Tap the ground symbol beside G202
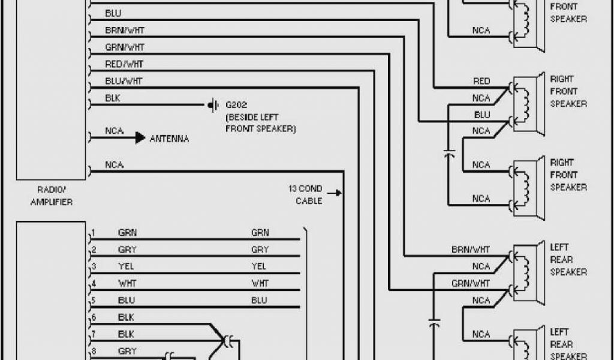pos(212,105)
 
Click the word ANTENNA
pos(169,139)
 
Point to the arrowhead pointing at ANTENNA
pos(140,138)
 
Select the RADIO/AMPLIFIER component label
pos(51,196)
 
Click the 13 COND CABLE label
pos(309,194)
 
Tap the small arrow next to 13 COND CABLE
pos(338,193)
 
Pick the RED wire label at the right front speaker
pos(481,81)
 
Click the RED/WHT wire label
pos(124,64)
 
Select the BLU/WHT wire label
pos(124,80)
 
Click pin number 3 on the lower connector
pos(94,266)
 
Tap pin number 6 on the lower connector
pos(94,317)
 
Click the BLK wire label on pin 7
pos(126,334)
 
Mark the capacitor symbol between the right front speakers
pos(449,154)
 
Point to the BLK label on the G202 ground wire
pos(113,98)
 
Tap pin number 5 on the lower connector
pos(94,300)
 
